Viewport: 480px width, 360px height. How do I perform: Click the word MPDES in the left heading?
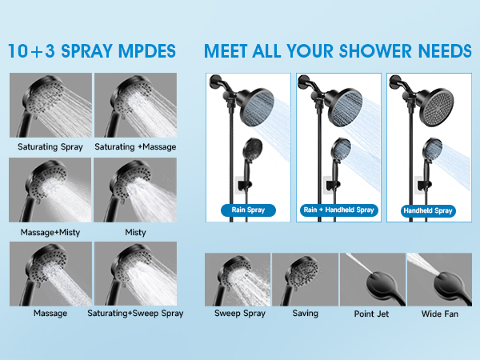(150, 50)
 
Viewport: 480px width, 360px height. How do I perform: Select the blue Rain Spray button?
(248, 211)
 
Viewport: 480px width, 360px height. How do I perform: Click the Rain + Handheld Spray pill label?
(338, 211)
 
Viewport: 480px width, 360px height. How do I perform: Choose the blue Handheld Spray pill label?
(427, 211)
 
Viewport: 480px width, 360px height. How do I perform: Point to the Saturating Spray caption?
(50, 147)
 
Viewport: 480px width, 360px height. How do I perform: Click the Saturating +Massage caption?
(135, 147)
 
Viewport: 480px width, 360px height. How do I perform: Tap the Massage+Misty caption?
(50, 232)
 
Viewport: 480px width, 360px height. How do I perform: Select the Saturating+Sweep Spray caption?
(135, 313)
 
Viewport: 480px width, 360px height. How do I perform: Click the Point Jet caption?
(371, 314)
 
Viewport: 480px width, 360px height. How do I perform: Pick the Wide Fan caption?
(439, 314)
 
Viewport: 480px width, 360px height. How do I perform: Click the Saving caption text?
(305, 314)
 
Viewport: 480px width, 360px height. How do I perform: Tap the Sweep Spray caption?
(237, 314)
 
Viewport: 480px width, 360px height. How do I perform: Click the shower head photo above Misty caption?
(135, 190)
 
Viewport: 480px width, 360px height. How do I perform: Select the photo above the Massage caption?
(50, 273)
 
